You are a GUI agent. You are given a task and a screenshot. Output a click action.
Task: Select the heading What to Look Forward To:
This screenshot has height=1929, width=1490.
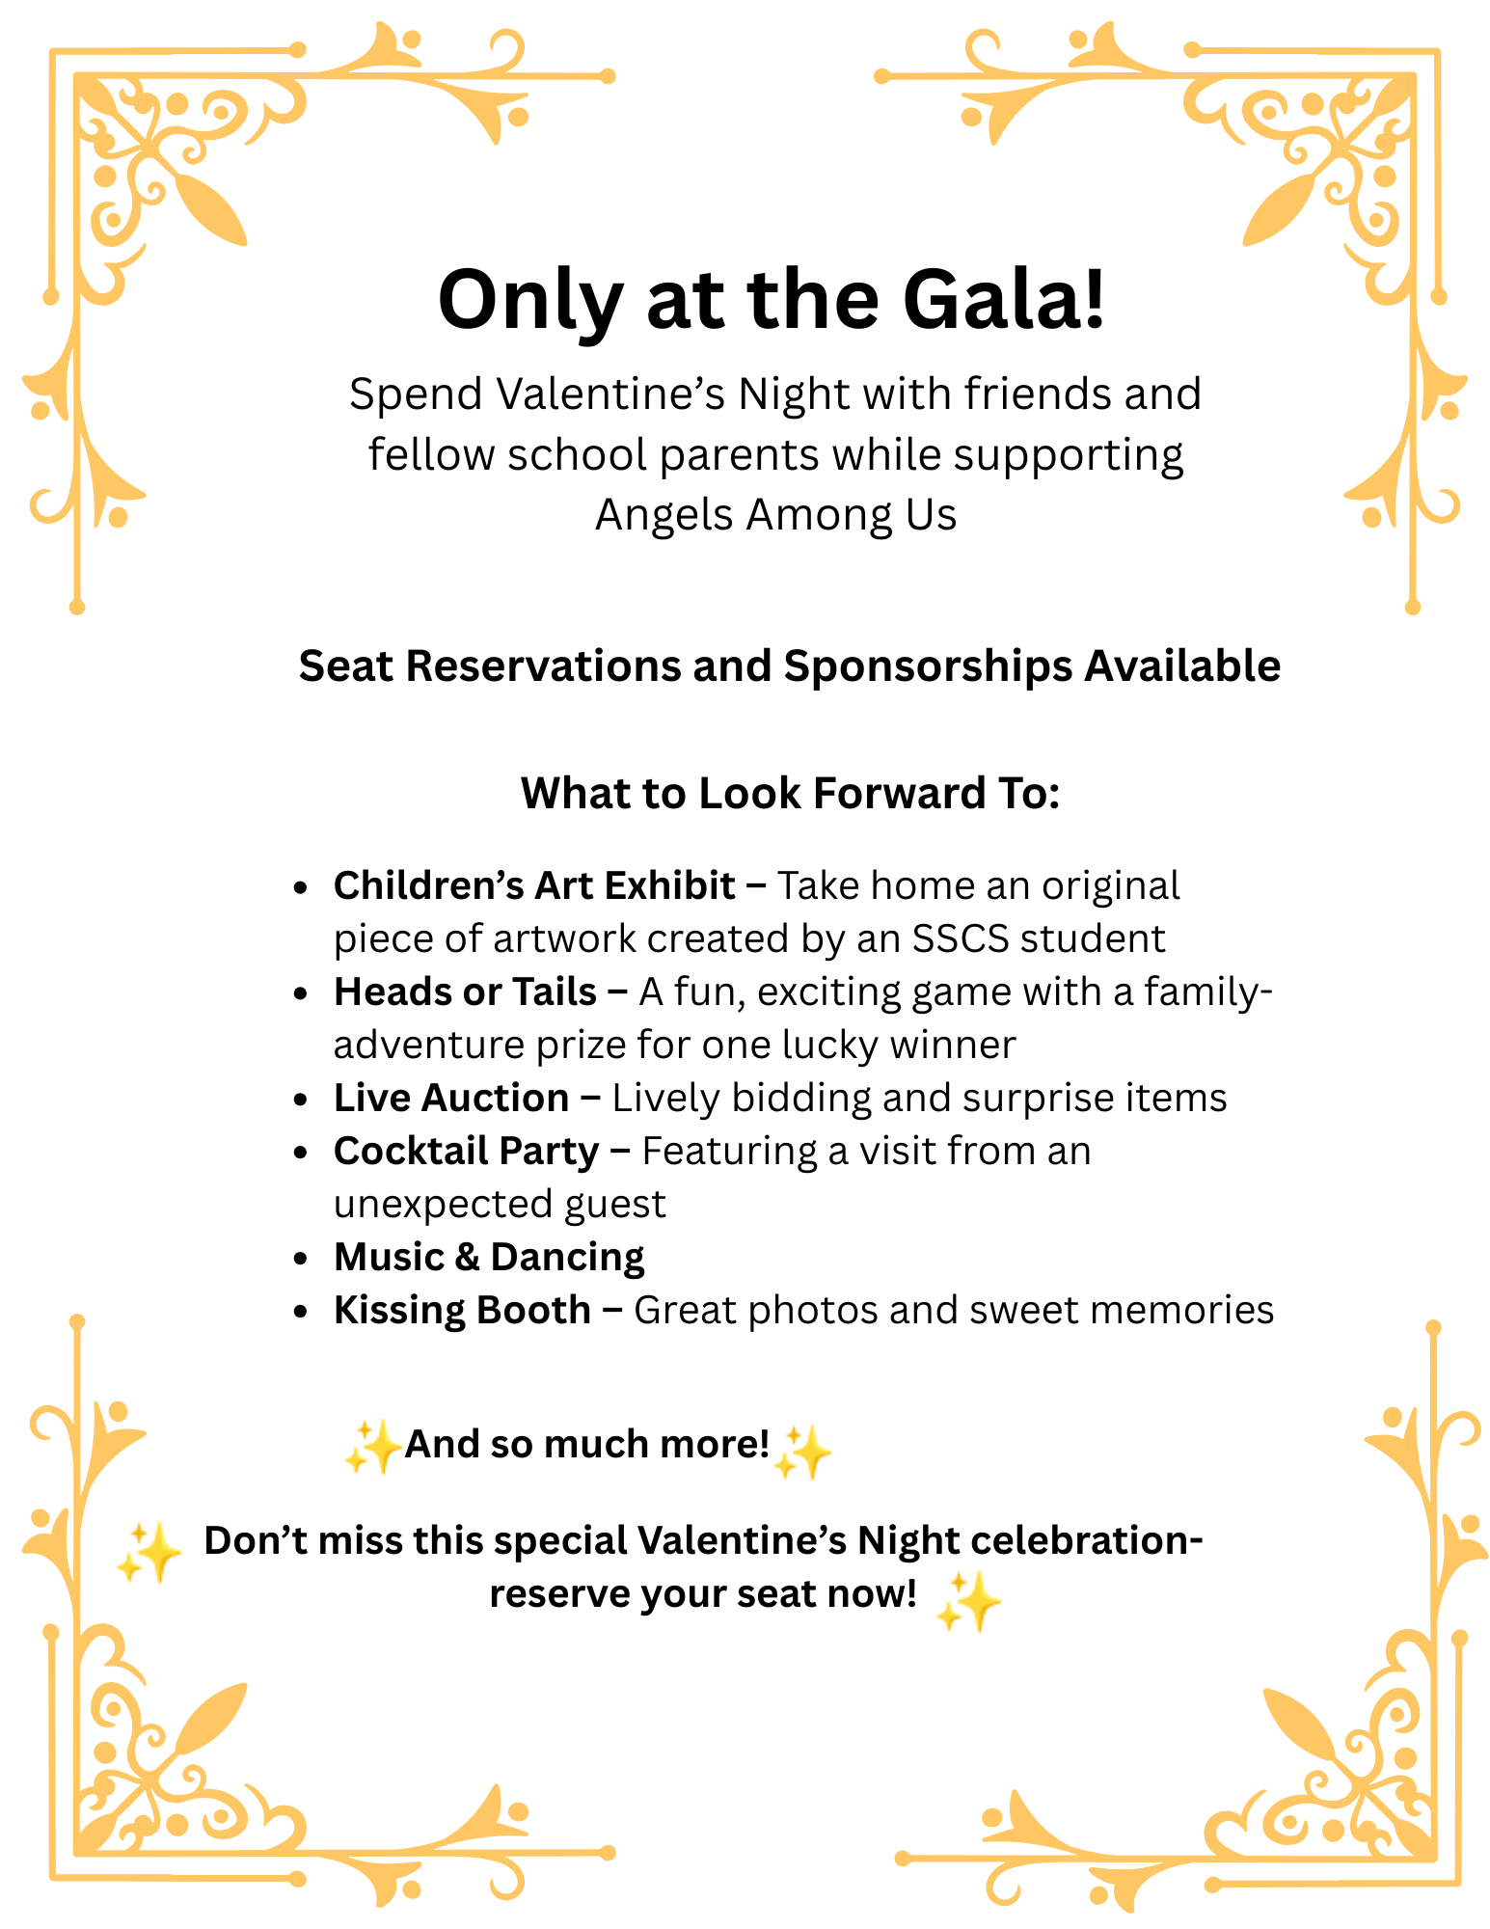[x=790, y=794]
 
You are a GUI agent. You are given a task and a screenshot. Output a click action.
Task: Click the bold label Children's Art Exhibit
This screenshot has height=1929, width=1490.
[x=534, y=885]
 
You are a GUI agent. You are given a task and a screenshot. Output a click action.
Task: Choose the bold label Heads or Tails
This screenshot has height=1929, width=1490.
[x=465, y=992]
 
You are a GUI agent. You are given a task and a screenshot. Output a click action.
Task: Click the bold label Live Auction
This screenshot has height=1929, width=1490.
[x=451, y=1098]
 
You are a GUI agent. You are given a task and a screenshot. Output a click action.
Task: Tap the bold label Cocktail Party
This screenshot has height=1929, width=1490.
[x=467, y=1151]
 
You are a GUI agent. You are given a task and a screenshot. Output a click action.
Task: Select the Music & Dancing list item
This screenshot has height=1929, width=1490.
[x=489, y=1257]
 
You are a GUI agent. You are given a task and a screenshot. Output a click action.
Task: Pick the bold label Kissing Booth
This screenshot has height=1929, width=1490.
[x=462, y=1310]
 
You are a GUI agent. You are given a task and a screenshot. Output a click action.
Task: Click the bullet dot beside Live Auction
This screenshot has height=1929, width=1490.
[x=302, y=1100]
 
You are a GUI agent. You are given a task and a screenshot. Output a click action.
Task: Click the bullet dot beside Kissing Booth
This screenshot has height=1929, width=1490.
[x=302, y=1312]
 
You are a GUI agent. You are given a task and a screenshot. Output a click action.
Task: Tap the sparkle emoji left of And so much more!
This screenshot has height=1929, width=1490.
[x=372, y=1447]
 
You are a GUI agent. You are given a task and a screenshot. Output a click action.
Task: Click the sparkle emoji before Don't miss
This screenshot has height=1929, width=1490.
[x=149, y=1552]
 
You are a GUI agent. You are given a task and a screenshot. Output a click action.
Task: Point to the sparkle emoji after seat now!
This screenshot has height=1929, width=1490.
[x=968, y=1602]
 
